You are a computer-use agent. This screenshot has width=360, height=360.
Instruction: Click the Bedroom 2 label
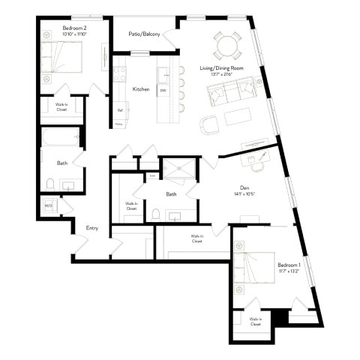[x=75, y=28]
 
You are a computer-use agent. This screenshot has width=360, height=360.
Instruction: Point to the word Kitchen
[x=140, y=89]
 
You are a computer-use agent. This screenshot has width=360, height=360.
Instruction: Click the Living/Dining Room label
[x=220, y=68]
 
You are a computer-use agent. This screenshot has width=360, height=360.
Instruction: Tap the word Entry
[x=92, y=229]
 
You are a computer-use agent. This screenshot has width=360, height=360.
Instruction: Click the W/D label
[x=49, y=205]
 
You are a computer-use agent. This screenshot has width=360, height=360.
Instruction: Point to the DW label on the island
[x=163, y=90]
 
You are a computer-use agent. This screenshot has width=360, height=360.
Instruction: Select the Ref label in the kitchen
[x=119, y=110]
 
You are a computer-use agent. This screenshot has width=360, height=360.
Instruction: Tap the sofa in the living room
[x=232, y=93]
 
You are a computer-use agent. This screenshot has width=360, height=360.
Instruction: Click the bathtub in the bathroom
[x=58, y=138]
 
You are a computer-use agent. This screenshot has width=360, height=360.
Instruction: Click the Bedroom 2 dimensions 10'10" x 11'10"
[x=75, y=34]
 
